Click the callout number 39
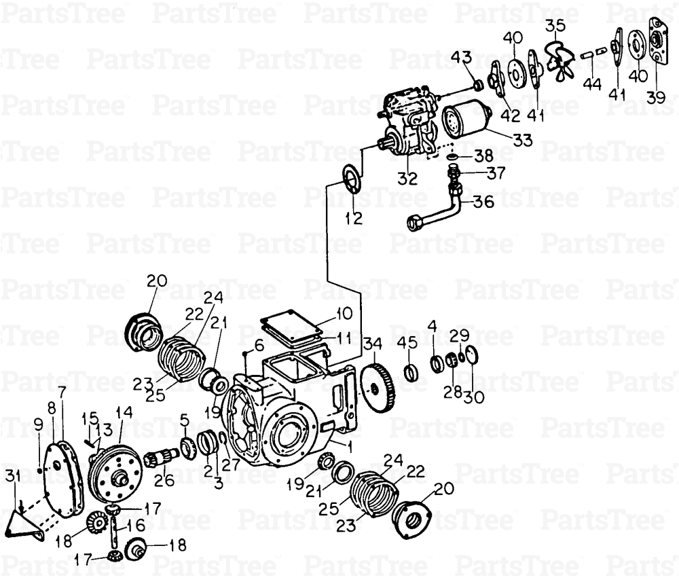coord(656,97)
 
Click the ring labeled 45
coord(410,372)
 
